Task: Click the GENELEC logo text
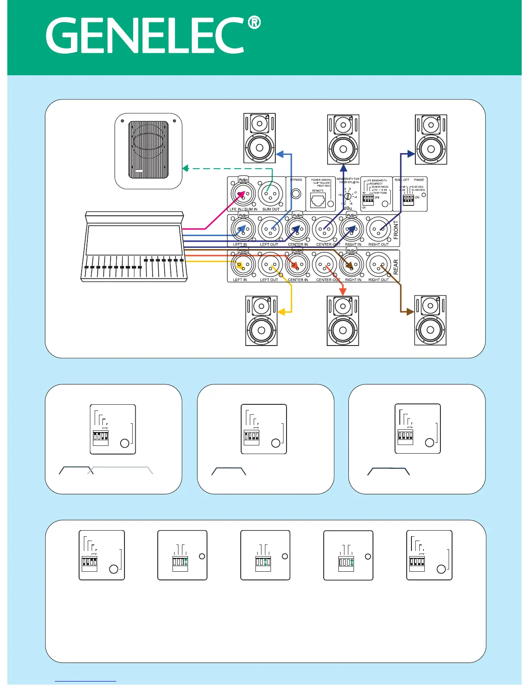(x=145, y=35)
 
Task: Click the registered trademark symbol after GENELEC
(x=255, y=22)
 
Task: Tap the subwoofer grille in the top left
(x=148, y=150)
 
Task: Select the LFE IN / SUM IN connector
(x=243, y=194)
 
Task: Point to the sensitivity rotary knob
(x=347, y=196)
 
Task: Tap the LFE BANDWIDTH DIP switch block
(x=368, y=199)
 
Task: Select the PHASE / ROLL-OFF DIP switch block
(x=408, y=199)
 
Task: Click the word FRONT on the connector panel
(x=396, y=230)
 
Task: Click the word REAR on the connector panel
(x=396, y=267)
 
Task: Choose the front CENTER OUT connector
(x=324, y=230)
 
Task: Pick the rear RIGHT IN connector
(x=351, y=265)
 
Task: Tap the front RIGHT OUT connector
(x=379, y=230)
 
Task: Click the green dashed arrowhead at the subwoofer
(x=185, y=168)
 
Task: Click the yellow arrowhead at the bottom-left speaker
(x=280, y=311)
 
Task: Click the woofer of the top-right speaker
(x=431, y=149)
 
